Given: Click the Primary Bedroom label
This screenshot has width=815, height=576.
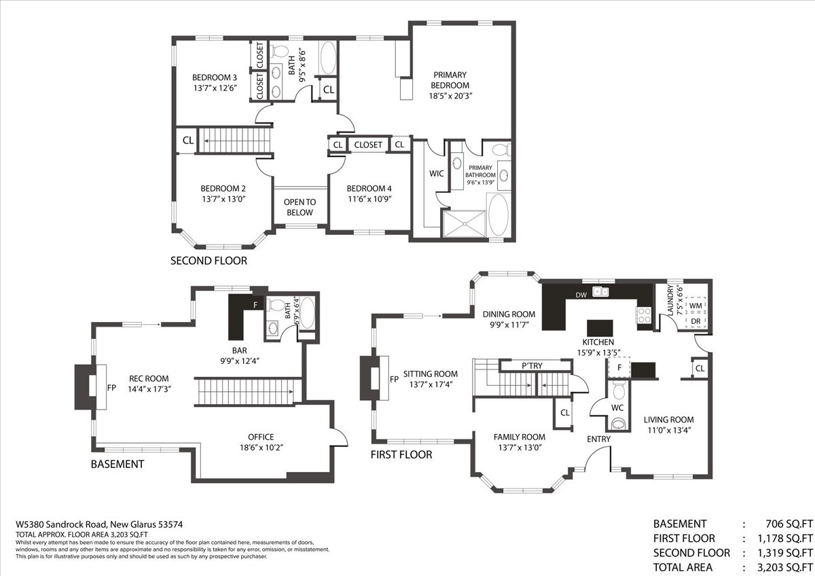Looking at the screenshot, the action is click(450, 80).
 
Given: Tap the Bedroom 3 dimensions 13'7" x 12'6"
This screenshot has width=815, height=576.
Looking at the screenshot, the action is click(215, 88).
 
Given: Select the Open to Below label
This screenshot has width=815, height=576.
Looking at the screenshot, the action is click(300, 207).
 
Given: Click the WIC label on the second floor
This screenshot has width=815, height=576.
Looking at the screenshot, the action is click(436, 174).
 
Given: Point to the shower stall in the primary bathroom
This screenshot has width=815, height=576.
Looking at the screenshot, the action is click(465, 223).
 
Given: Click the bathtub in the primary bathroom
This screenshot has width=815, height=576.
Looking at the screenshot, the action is click(498, 215).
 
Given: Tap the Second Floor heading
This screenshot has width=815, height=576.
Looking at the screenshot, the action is click(209, 261).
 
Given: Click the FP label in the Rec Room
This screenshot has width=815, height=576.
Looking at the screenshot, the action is click(111, 388).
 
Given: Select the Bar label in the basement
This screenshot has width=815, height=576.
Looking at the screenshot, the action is click(239, 350).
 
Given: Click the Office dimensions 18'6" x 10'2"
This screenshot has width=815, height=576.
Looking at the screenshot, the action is click(261, 447).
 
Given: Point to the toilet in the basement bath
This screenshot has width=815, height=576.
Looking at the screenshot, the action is click(276, 305).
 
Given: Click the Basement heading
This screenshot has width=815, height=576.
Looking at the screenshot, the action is click(117, 465).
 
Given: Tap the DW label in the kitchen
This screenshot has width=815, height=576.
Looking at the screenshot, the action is click(581, 295).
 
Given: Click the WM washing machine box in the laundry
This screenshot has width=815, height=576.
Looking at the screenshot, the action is click(695, 306).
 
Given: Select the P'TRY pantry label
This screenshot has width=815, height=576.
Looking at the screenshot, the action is click(532, 365).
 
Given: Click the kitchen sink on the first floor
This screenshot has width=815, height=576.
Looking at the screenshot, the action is click(600, 291).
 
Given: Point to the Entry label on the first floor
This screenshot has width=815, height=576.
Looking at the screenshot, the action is click(598, 439).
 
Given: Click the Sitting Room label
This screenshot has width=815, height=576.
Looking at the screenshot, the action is click(431, 374).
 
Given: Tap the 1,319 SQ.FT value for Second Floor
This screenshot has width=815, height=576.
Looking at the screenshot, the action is click(785, 553).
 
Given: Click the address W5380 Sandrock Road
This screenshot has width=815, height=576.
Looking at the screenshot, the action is click(61, 524).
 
